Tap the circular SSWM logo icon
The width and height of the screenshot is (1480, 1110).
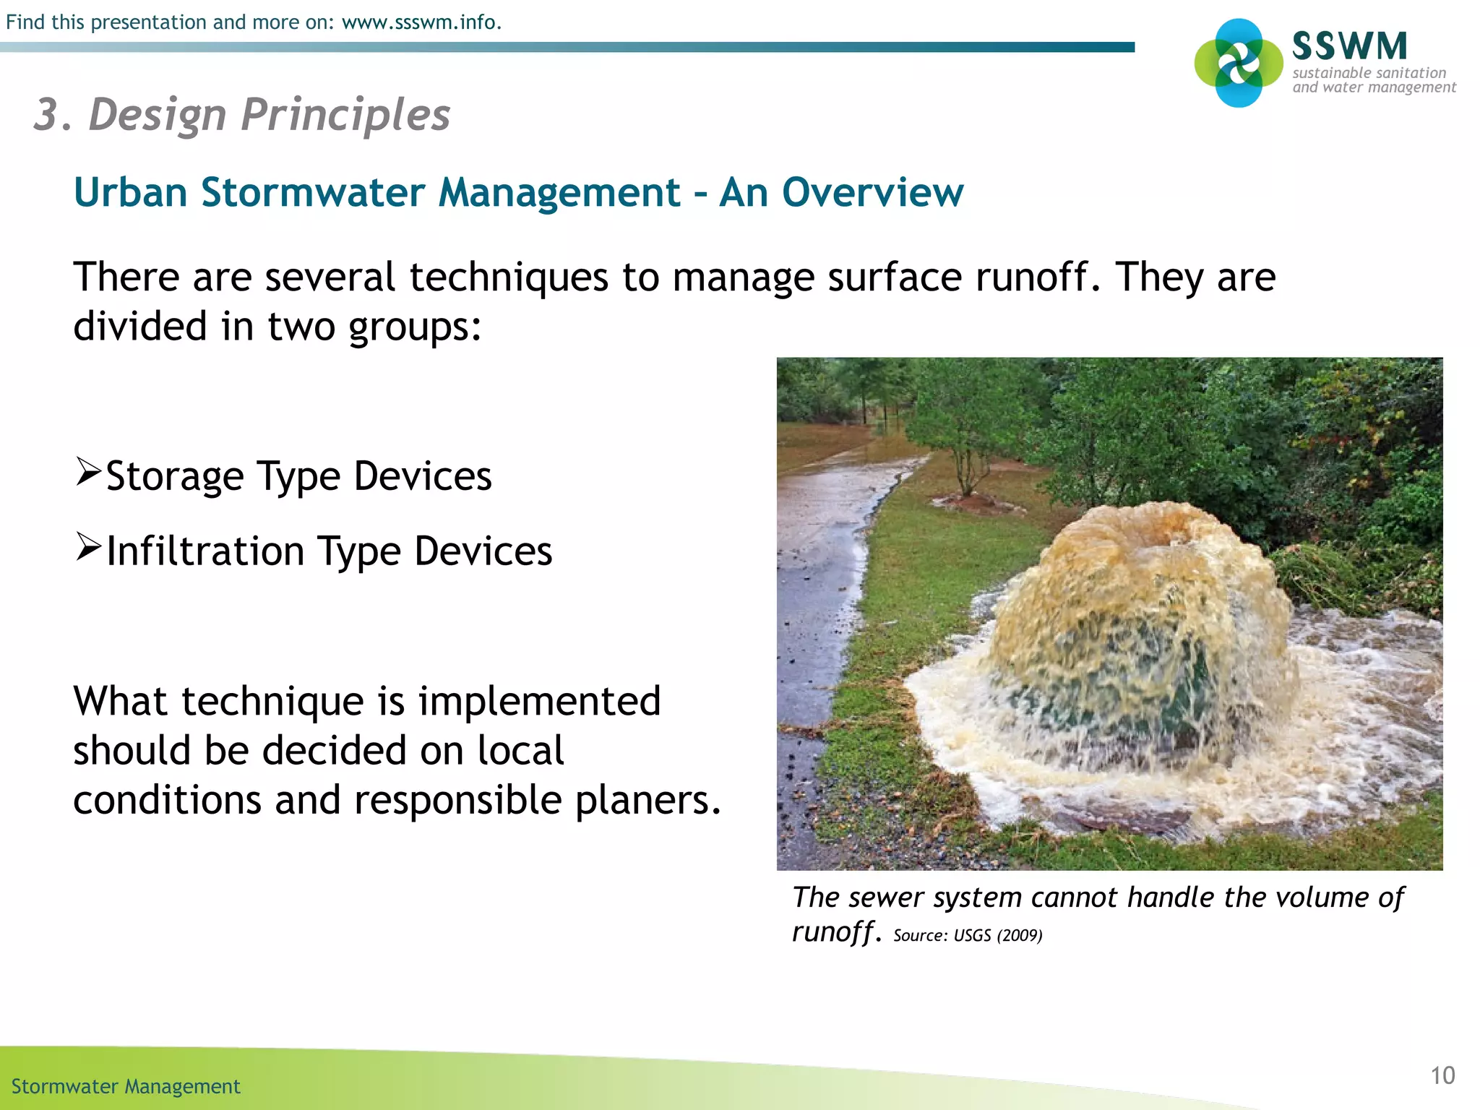click(1239, 63)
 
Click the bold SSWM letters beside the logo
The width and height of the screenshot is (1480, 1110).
click(1349, 46)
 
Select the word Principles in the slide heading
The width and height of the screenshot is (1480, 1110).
click(345, 115)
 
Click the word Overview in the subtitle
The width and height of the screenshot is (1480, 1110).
click(872, 193)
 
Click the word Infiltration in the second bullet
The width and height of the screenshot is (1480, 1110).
click(205, 551)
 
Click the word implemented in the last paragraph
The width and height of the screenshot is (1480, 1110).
click(539, 702)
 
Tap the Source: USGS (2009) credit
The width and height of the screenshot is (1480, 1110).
click(968, 936)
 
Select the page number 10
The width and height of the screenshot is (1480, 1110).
click(1442, 1075)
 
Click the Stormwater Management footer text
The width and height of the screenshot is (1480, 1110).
click(126, 1087)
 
